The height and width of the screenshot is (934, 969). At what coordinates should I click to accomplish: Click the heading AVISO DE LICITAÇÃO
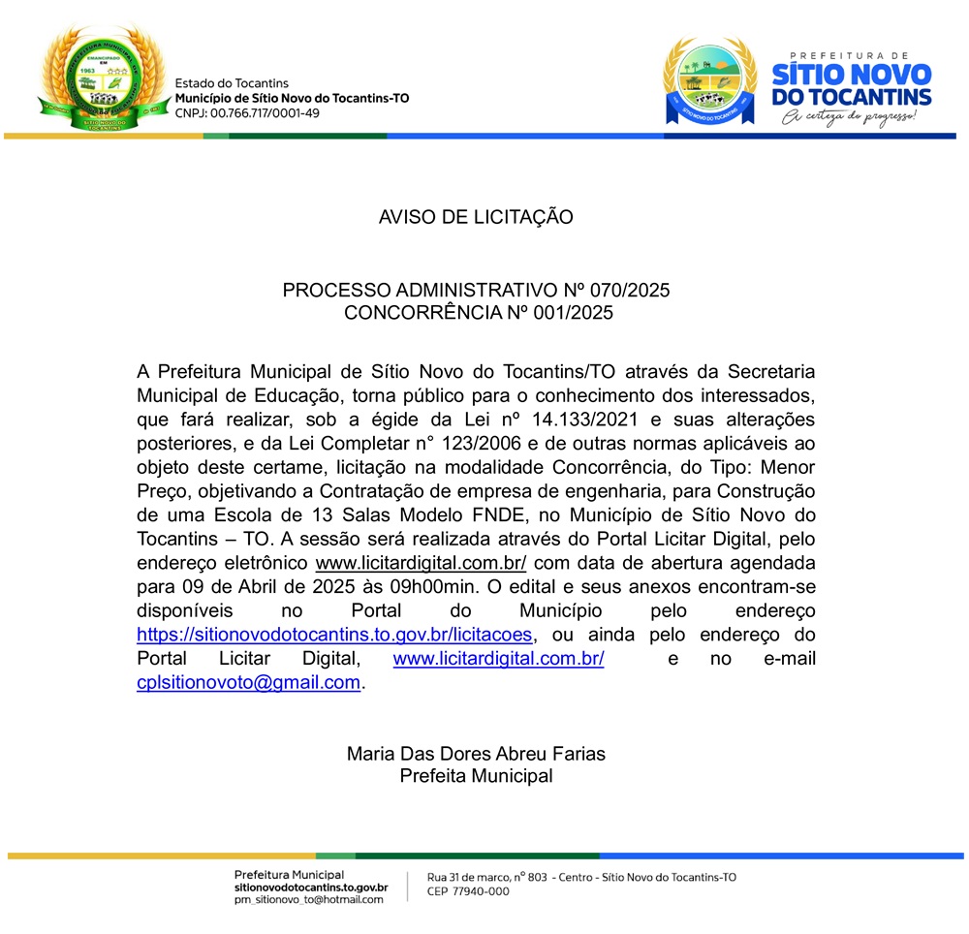tap(476, 217)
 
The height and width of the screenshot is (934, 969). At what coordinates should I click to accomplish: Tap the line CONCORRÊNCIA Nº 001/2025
tap(479, 313)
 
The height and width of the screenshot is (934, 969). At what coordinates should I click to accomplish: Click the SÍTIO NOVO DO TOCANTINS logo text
tap(851, 85)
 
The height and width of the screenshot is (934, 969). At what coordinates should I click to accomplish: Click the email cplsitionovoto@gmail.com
tap(249, 682)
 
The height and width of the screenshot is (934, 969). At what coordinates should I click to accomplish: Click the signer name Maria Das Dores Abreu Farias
tap(476, 753)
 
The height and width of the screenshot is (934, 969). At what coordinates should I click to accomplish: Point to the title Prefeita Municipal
tap(476, 776)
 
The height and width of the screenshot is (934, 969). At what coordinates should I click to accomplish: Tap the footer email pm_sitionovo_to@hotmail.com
tap(309, 899)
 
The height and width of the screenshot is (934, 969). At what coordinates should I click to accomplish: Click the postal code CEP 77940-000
tap(468, 892)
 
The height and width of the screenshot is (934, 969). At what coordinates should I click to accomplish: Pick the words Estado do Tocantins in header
tap(232, 84)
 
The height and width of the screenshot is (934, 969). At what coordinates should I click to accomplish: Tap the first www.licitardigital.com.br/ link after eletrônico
tap(422, 563)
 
